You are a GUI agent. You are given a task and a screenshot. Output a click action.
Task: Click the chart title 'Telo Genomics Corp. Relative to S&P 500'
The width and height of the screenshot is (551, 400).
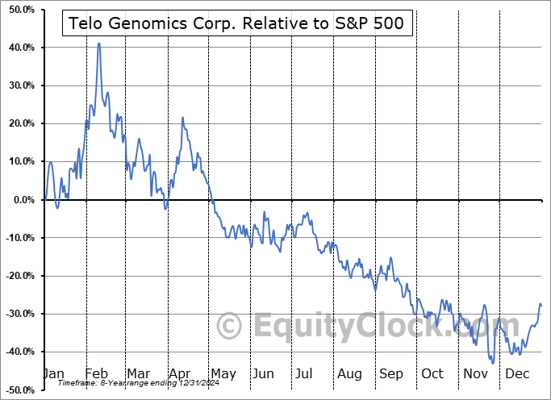[239, 24]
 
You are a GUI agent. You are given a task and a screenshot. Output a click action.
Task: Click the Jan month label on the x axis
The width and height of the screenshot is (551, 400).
[52, 373]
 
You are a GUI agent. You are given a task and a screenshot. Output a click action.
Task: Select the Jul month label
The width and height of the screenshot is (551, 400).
[305, 373]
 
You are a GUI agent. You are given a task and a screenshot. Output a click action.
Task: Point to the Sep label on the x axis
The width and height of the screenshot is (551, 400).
[391, 373]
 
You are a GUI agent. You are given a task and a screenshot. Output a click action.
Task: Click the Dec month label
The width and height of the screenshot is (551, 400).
[516, 373]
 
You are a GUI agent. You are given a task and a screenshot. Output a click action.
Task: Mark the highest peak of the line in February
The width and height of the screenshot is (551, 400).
[99, 44]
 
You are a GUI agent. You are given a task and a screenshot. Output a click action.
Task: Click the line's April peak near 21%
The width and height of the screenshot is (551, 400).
[182, 118]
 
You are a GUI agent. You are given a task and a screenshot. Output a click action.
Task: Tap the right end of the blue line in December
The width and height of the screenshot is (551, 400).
[541, 306]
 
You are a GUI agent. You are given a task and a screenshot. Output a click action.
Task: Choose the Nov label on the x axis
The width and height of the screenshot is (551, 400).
[475, 373]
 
